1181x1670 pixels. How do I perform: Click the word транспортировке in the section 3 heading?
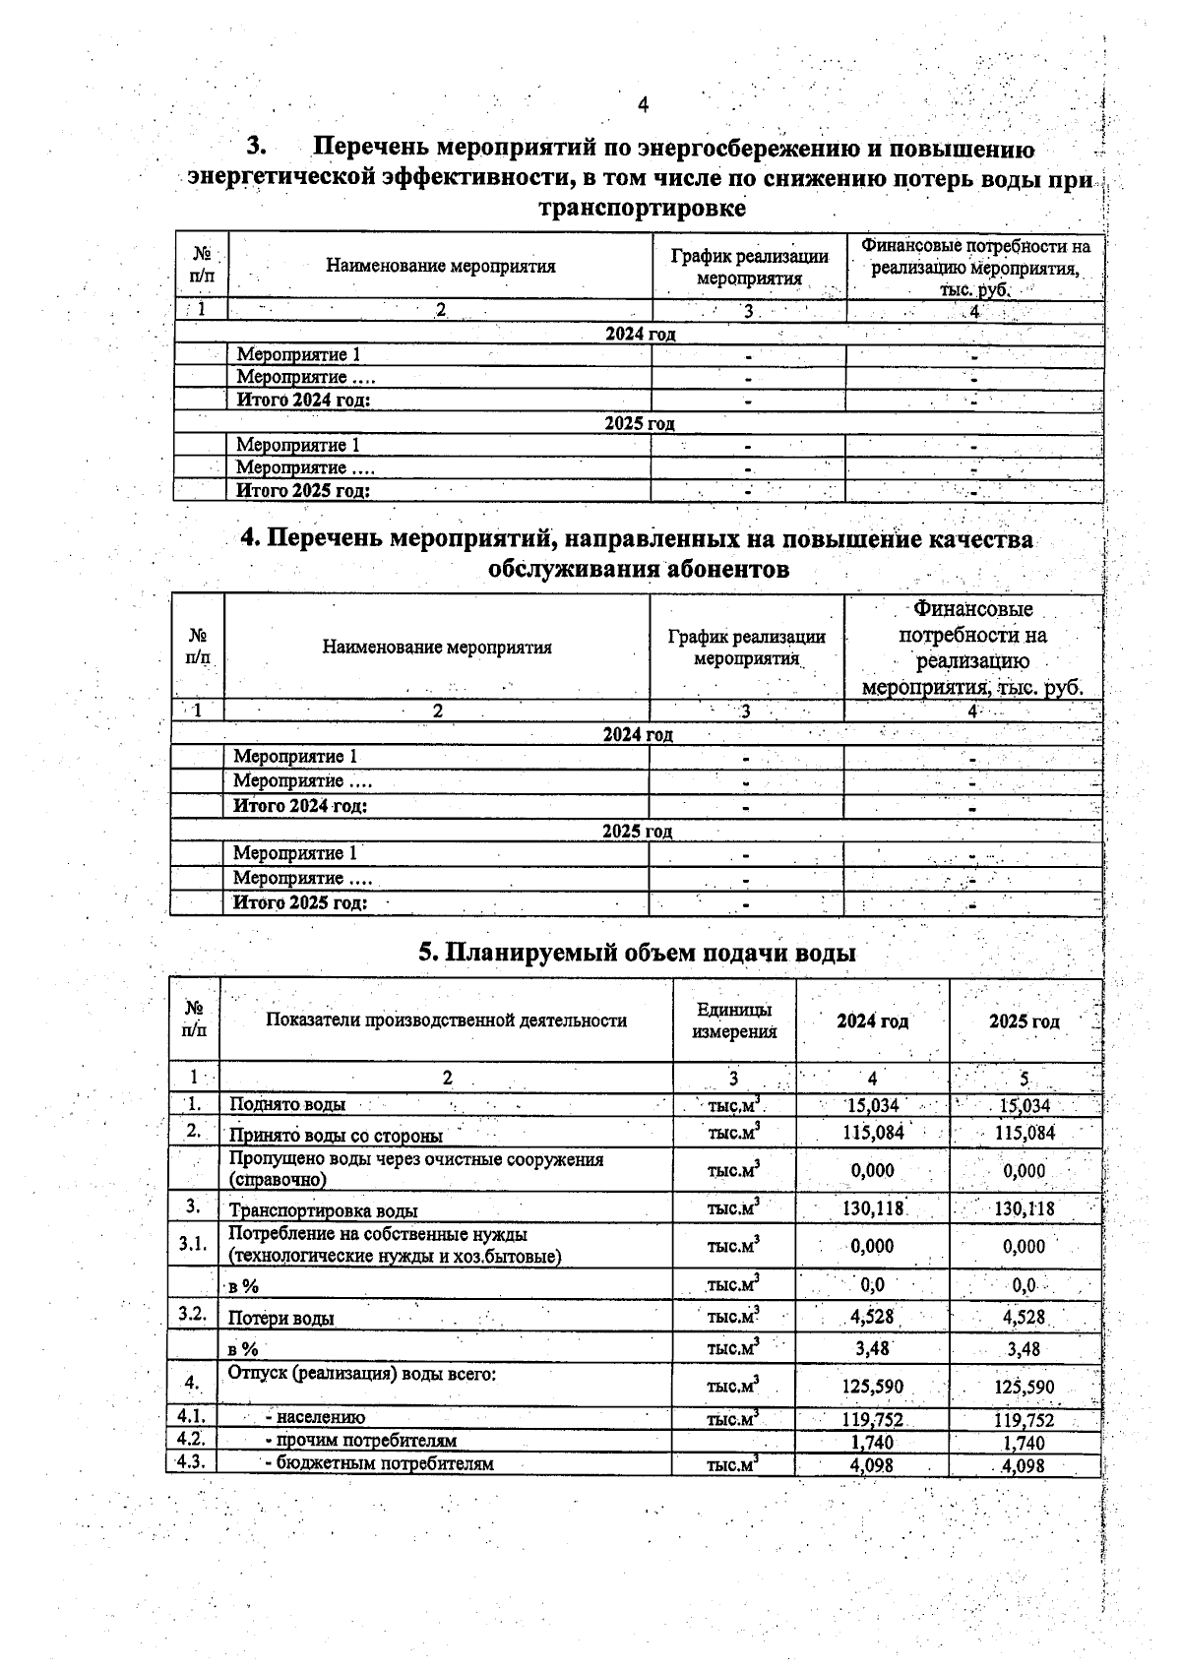point(642,210)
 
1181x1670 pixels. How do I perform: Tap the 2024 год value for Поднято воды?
point(872,1106)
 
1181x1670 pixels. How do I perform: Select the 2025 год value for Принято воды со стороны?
point(1025,1133)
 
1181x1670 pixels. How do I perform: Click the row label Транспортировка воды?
point(323,1210)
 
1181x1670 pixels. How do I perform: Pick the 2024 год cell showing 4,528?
point(872,1317)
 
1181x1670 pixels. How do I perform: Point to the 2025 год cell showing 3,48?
point(1025,1348)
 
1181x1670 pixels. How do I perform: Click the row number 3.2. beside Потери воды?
point(193,1315)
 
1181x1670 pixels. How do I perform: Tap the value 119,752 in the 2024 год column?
point(872,1420)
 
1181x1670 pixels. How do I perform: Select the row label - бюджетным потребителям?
point(379,1463)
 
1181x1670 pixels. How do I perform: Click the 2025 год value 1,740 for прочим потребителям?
point(1025,1443)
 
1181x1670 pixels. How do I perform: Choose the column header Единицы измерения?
point(734,1021)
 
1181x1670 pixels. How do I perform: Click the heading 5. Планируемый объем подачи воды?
point(638,953)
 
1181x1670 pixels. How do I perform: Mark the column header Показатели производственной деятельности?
point(446,1021)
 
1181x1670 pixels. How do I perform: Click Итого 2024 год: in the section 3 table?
point(303,401)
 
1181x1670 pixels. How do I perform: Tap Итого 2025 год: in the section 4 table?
point(300,902)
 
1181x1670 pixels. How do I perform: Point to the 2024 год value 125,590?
point(872,1387)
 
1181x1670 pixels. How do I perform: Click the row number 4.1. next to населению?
point(191,1417)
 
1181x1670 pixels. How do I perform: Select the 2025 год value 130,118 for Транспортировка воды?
point(1025,1208)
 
